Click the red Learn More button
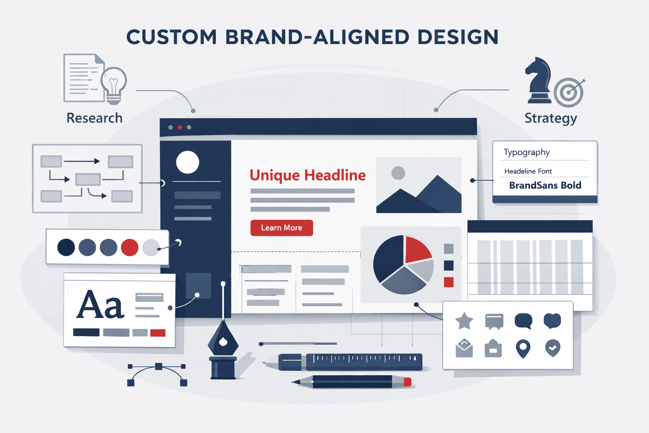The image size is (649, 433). tap(281, 228)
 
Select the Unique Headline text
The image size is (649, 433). tap(308, 175)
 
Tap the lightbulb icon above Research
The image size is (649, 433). tap(114, 83)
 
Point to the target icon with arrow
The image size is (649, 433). tap(569, 92)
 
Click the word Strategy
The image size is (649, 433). tap(551, 118)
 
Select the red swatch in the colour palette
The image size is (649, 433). tap(130, 247)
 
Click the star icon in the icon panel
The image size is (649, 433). tap(464, 321)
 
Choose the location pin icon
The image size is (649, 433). tap(523, 348)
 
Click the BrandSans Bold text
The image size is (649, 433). tap(545, 185)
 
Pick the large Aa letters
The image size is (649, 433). tap(101, 305)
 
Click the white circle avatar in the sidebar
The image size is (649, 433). tap(188, 162)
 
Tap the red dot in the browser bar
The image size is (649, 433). tap(180, 127)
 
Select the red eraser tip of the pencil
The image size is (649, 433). tap(407, 382)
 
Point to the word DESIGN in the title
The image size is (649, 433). tap(458, 37)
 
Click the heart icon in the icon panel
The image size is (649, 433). tap(552, 321)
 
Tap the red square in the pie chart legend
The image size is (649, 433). tap(449, 282)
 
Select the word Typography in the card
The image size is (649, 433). tap(526, 152)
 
